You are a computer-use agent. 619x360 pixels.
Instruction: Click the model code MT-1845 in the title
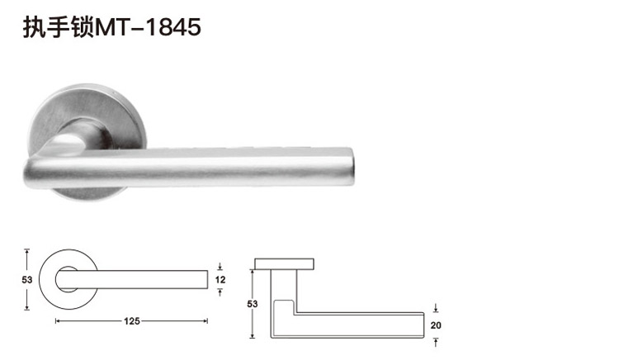click(x=148, y=27)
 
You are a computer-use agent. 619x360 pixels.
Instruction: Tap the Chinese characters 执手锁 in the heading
click(x=59, y=27)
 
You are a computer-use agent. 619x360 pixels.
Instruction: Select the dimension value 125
click(x=132, y=321)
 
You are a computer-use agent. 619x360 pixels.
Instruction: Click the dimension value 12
click(x=220, y=280)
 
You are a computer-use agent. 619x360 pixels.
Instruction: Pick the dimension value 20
click(x=436, y=325)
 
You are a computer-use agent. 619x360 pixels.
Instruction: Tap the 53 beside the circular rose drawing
click(x=27, y=280)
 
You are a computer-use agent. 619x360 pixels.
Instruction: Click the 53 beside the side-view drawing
click(x=253, y=304)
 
